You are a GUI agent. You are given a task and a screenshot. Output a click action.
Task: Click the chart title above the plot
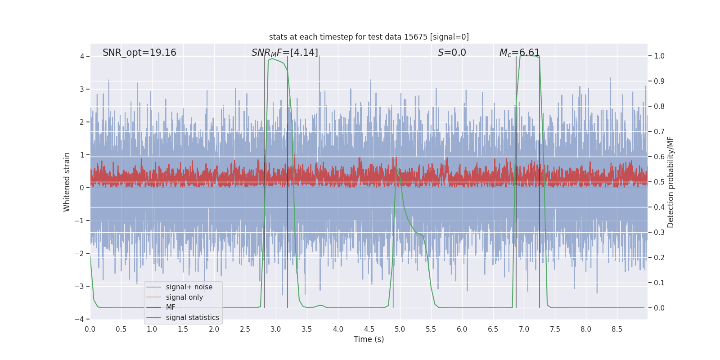[x=369, y=37]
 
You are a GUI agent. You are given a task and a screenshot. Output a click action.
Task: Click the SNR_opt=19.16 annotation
[x=139, y=53]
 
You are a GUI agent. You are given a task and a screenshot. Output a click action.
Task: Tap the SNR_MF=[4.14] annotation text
[x=284, y=53]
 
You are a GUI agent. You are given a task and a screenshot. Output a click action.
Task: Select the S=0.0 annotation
[x=452, y=53]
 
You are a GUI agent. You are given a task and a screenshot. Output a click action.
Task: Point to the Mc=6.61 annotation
[x=519, y=53]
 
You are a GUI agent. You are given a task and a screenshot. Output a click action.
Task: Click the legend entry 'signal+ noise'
[x=189, y=287]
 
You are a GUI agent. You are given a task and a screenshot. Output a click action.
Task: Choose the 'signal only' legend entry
[x=184, y=297]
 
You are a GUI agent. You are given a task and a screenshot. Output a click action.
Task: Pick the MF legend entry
[x=171, y=307]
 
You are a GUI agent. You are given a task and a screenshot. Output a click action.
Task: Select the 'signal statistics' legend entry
[x=192, y=318]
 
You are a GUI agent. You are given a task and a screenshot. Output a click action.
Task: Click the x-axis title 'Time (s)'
[x=369, y=339]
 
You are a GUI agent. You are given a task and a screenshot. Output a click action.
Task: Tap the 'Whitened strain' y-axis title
[x=67, y=182]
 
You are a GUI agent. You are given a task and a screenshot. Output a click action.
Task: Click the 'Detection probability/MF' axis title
[x=670, y=182]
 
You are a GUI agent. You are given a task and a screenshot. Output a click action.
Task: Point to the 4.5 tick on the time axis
[x=369, y=329]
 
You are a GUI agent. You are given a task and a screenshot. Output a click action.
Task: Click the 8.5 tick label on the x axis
[x=617, y=329]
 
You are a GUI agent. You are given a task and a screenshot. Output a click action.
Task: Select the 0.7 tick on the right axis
[x=659, y=132]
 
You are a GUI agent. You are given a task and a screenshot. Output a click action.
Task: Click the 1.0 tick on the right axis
[x=659, y=56]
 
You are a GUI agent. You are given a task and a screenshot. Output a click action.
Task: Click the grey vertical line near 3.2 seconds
[x=288, y=225]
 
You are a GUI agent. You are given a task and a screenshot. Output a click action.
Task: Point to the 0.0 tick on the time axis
[x=90, y=329]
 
